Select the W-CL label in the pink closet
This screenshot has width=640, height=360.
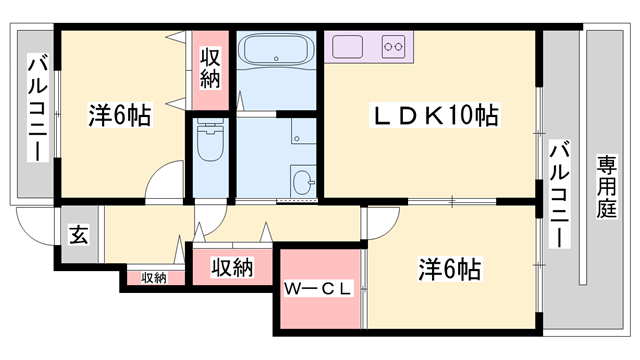(x=318, y=290)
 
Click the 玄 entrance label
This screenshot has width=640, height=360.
(x=78, y=237)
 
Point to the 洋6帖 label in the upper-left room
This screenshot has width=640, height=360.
(x=119, y=116)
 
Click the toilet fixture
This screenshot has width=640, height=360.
(x=210, y=142)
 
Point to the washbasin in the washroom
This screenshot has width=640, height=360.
(x=303, y=181)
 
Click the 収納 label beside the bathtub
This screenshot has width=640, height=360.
(x=210, y=65)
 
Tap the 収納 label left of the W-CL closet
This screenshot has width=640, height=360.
(x=232, y=268)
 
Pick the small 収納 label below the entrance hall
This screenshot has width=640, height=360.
(x=153, y=277)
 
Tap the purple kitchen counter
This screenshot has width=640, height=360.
(x=369, y=46)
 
